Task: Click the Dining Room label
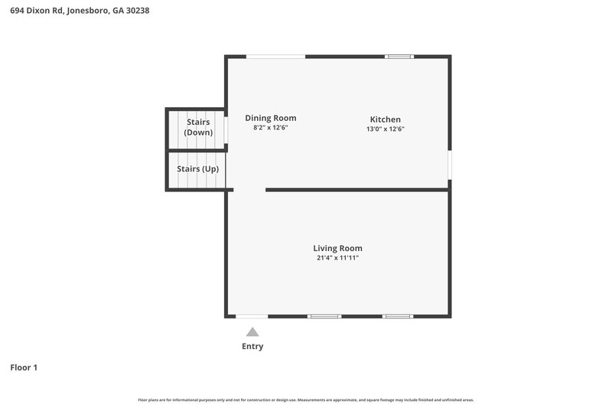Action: click(x=270, y=118)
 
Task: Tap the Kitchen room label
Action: click(x=385, y=119)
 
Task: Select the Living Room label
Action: click(x=337, y=248)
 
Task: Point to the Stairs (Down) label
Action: click(x=198, y=127)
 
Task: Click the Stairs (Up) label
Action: click(x=197, y=168)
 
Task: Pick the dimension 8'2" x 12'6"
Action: click(x=270, y=128)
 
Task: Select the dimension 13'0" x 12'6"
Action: click(x=385, y=129)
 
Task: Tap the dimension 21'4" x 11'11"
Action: click(x=337, y=258)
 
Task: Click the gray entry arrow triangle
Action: click(x=252, y=332)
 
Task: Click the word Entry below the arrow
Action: click(x=252, y=346)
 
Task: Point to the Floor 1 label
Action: click(x=24, y=367)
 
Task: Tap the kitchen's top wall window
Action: click(x=399, y=56)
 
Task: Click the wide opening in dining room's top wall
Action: click(x=275, y=56)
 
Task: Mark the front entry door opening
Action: click(x=252, y=316)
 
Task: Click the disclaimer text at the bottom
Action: click(x=306, y=400)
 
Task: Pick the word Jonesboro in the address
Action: click(x=89, y=11)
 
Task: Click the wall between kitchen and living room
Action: click(x=356, y=189)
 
